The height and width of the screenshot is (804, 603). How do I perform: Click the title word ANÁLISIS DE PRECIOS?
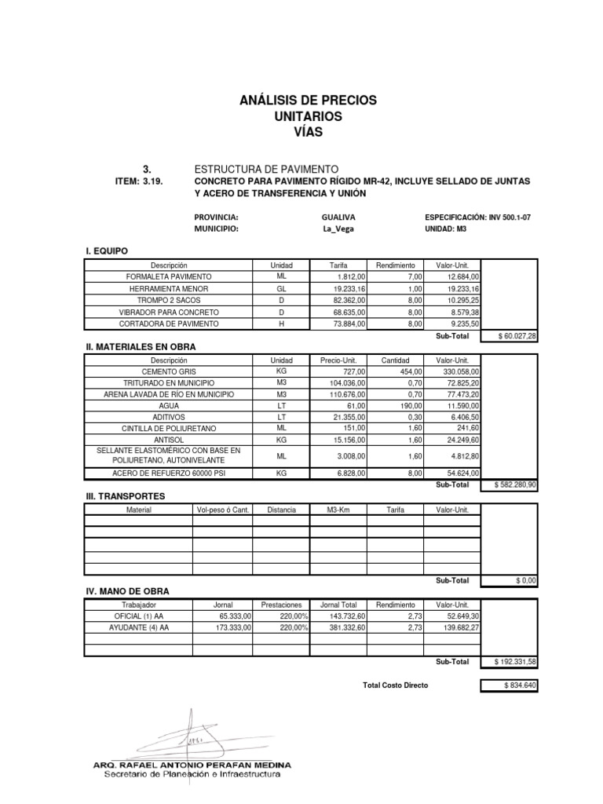point(308,100)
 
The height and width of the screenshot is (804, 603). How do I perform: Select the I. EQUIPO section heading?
point(106,250)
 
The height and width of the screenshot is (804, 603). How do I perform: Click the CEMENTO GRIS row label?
point(170,371)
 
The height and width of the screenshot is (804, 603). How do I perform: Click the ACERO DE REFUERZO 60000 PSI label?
point(170,474)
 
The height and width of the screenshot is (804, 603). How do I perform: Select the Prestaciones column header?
point(281,605)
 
